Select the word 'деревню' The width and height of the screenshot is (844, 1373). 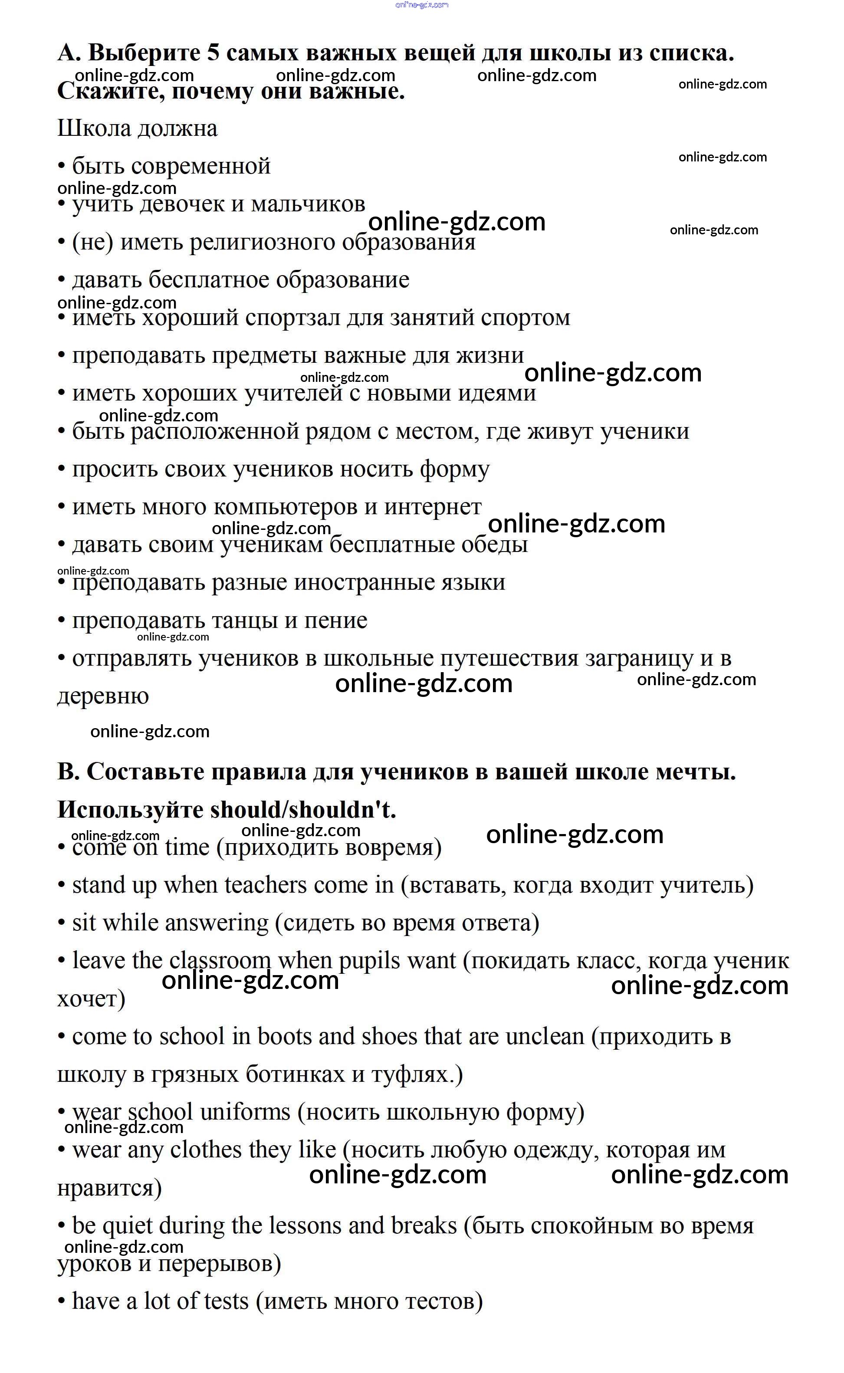(103, 696)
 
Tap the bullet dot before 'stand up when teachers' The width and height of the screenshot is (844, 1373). (62, 886)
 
